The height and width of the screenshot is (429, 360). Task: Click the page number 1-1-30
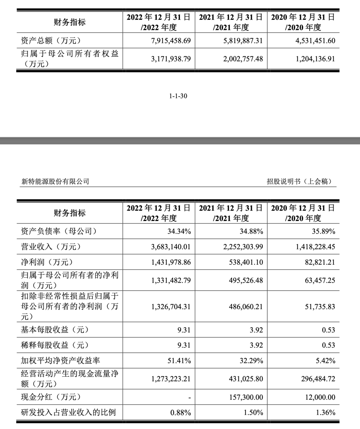coord(178,96)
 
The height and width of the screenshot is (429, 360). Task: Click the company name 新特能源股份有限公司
coord(55,181)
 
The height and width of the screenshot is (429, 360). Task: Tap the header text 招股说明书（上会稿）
coord(299,181)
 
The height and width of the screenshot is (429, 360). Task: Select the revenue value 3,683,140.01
coord(171,247)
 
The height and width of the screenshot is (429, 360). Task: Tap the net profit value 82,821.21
coord(319,262)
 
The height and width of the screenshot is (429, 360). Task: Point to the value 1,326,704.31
coord(171,307)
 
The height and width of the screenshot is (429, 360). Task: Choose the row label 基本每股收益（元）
coord(55,330)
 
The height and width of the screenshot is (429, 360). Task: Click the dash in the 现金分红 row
coord(189,397)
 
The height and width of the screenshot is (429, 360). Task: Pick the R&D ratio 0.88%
coord(180,413)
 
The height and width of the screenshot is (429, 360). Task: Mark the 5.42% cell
coord(325,361)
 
